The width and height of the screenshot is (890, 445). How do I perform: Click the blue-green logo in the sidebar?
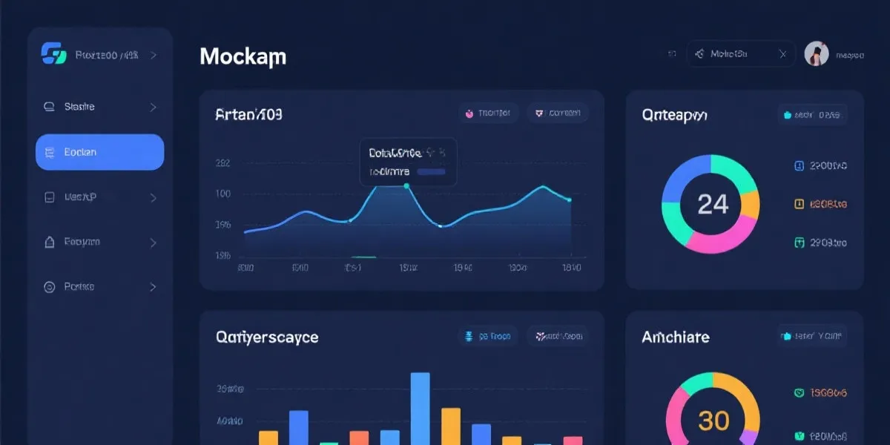pyautogui.click(x=53, y=54)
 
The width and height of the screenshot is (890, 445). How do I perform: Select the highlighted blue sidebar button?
pyautogui.click(x=99, y=152)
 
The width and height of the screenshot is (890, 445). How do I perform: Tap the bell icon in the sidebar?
pyautogui.click(x=50, y=242)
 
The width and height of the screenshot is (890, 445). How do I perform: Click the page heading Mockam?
pyautogui.click(x=243, y=56)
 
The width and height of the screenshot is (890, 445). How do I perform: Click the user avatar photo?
pyautogui.click(x=816, y=53)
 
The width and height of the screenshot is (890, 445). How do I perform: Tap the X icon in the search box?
pyautogui.click(x=782, y=54)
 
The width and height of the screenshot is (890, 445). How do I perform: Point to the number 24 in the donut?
pyautogui.click(x=713, y=204)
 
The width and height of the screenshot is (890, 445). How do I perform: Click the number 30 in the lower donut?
pyautogui.click(x=713, y=421)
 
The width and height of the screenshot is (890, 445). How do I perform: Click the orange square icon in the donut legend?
pyautogui.click(x=800, y=203)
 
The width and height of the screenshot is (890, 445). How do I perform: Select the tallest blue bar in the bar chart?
pyautogui.click(x=420, y=408)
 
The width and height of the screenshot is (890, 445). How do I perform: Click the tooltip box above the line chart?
pyautogui.click(x=408, y=162)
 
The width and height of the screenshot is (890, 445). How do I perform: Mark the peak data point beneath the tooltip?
pyautogui.click(x=406, y=186)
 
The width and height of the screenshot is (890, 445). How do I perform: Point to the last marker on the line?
pyautogui.click(x=569, y=200)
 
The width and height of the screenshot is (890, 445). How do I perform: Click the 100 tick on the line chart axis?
pyautogui.click(x=222, y=194)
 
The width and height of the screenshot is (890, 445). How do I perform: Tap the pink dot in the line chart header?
pyautogui.click(x=469, y=114)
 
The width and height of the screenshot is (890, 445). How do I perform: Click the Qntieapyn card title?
pyautogui.click(x=674, y=115)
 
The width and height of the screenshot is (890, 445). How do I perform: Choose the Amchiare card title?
pyautogui.click(x=675, y=337)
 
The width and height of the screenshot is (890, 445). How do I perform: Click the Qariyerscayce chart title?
pyautogui.click(x=266, y=337)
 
